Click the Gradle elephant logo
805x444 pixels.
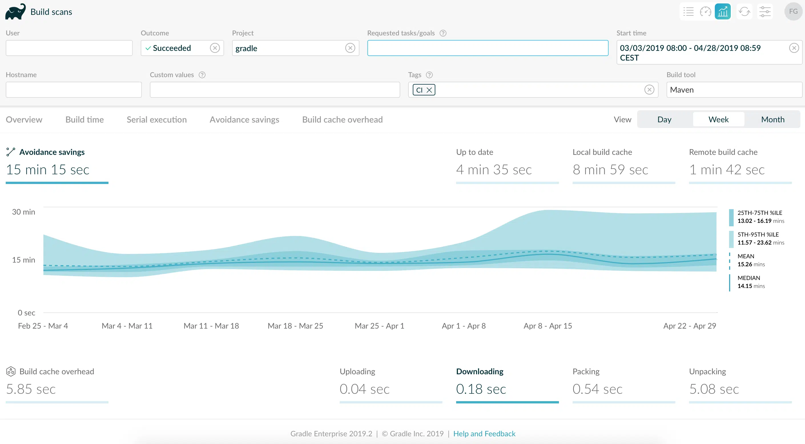15,12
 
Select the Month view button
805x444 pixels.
772,119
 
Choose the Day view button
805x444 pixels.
664,119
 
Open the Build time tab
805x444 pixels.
84,119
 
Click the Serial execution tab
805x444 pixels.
156,119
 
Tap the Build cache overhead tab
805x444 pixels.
342,119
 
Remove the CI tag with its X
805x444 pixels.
429,90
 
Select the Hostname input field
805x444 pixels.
74,90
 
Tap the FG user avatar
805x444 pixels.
793,11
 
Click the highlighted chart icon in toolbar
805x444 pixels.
723,11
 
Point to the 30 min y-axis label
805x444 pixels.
23,212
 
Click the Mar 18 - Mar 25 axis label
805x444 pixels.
295,326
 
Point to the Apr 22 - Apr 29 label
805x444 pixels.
690,326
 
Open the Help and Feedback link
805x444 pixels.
484,434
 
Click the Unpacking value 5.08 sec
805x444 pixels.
714,389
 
